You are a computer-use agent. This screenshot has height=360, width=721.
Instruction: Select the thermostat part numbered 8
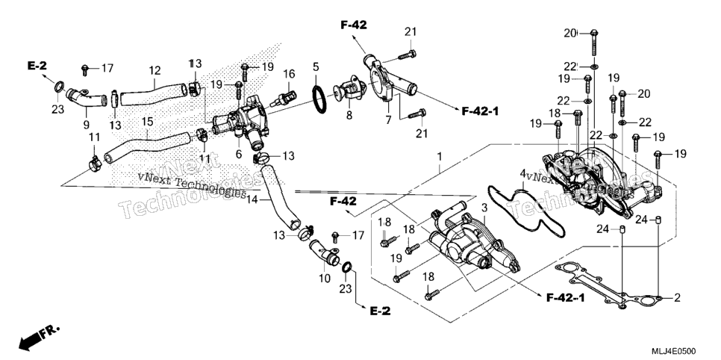pyautogui.click(x=349, y=90)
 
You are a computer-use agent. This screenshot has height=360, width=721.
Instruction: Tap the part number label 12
pyautogui.click(x=155, y=70)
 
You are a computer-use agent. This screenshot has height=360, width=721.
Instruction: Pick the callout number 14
pyautogui.click(x=252, y=200)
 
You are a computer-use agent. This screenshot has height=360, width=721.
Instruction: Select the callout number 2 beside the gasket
pyautogui.click(x=677, y=298)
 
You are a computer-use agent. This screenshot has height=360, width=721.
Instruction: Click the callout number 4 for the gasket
pyautogui.click(x=522, y=173)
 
